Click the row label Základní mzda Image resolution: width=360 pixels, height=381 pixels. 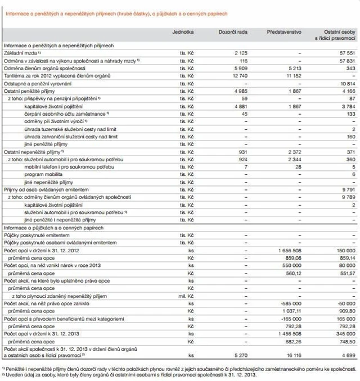[20, 52]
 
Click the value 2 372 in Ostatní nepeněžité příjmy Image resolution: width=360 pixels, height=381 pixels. [291, 152]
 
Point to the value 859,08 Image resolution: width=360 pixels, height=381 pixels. [290, 256]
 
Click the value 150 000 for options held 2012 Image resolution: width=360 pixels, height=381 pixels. [344, 249]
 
